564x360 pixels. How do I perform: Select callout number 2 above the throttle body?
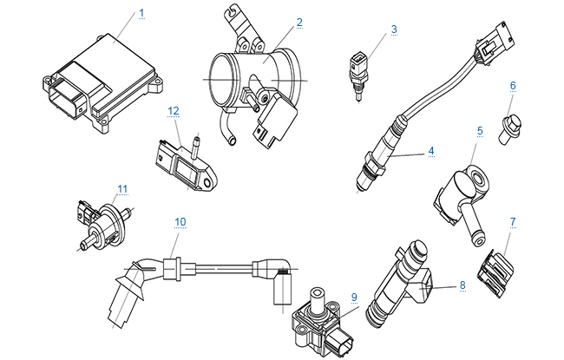[298, 22]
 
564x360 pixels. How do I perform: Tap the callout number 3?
[393, 29]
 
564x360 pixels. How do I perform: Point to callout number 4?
[430, 150]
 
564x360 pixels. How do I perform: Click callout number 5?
[479, 130]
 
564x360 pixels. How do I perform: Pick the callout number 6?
[513, 86]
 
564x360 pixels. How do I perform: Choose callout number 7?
[513, 222]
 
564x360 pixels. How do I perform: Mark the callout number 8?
[462, 284]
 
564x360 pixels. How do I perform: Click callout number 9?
[354, 297]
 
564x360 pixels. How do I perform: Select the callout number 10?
[180, 221]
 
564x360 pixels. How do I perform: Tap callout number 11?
[122, 187]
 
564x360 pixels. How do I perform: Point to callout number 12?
[174, 110]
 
